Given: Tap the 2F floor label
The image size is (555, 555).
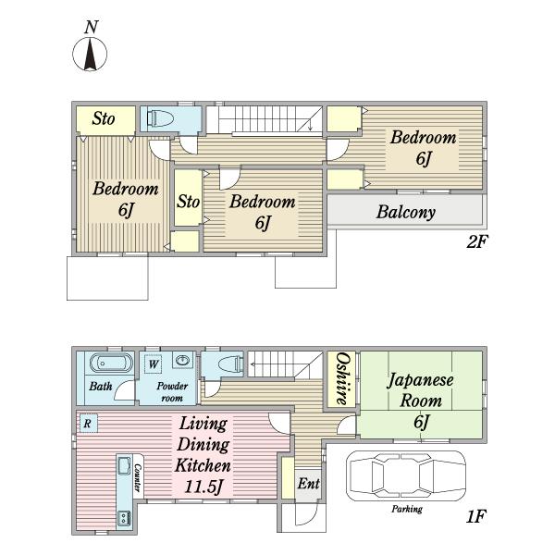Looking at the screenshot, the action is coord(476,242).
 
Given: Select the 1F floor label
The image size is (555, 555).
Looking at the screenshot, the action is coord(475,516).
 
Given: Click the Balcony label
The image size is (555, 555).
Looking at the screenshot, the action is coord(406,213).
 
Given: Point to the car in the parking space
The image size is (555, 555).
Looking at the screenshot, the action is coord(406,475).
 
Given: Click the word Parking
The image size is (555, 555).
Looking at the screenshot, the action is coord(407,509).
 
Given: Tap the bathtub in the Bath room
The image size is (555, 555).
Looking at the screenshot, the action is coord(111,363).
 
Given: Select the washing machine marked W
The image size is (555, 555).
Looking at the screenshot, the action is coord(154,364).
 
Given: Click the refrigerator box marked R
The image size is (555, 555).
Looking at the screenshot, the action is coord(88,424).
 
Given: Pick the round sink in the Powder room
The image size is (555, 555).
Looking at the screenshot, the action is coord(182,361).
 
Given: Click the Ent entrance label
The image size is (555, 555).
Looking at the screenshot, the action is coord(309,483).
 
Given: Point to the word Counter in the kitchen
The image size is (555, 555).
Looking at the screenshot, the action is coord(138,478).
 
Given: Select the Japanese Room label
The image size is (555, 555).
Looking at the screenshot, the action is coord(420,390).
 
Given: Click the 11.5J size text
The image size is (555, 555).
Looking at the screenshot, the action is coord(203,487).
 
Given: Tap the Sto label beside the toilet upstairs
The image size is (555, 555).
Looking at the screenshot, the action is coord(104,118).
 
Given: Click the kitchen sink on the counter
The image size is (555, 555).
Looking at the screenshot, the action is coord(124,466).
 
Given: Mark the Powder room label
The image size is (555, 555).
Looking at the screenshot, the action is coord(172,391).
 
